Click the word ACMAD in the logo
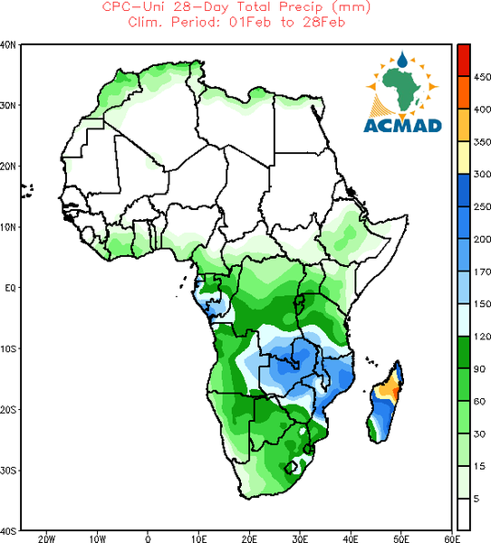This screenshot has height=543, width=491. point(402,126)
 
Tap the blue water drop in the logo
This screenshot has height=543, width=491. point(402,60)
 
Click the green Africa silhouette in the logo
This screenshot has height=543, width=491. point(402,89)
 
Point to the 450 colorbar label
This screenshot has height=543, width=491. point(482,77)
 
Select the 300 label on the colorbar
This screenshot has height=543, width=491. point(482,174)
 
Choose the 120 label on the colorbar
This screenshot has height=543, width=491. point(482,337)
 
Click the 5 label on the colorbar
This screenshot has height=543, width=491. point(477,499)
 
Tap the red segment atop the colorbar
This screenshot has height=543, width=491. point(464,60)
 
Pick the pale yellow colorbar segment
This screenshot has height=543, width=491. point(464,157)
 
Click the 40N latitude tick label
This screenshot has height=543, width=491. point(8,45)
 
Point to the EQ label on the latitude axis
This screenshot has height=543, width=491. point(10,288)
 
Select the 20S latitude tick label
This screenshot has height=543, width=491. point(8,410)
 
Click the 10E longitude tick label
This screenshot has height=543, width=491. point(199,538)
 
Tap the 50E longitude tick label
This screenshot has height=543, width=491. point(401,538)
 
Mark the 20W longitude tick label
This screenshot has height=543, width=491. point(47,538)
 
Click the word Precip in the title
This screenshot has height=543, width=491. point(300,6)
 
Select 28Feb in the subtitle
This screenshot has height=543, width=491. point(324,22)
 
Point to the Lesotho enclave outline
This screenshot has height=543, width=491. point(291,467)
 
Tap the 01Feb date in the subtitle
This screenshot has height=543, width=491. point(250,22)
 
